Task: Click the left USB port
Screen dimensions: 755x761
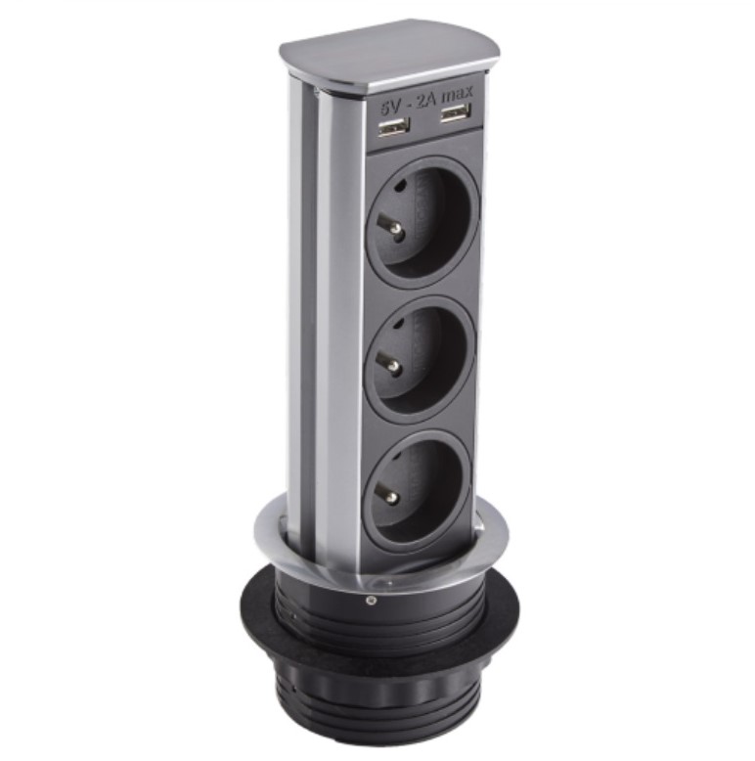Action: pos(393,127)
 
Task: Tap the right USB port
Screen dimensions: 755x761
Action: pos(456,114)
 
